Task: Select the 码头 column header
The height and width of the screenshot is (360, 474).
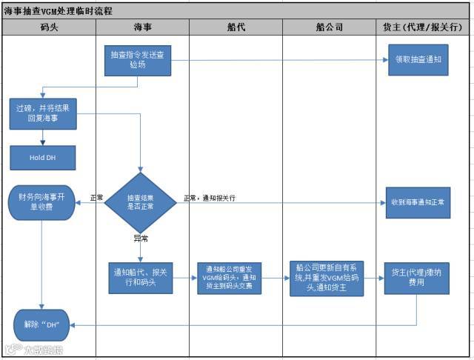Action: point(49,28)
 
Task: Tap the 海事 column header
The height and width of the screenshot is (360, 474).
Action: point(142,28)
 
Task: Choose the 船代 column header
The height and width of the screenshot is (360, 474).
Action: point(236,28)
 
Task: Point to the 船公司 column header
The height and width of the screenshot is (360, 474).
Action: point(329,28)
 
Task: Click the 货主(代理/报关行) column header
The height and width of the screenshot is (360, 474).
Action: point(423,28)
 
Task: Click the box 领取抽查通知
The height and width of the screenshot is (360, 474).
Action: point(417,60)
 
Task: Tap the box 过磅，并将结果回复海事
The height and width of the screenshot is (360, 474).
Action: point(42,113)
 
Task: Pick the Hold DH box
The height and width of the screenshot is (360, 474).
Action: point(42,158)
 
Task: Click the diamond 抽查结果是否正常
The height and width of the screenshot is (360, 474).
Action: point(140,202)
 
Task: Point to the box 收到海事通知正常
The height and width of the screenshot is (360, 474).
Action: point(417,202)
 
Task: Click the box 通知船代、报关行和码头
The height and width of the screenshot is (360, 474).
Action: point(140,278)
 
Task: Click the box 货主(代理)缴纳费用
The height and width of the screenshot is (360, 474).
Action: point(417,278)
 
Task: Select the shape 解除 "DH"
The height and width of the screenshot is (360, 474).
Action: point(42,324)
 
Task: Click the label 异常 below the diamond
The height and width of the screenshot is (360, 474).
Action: point(140,239)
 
